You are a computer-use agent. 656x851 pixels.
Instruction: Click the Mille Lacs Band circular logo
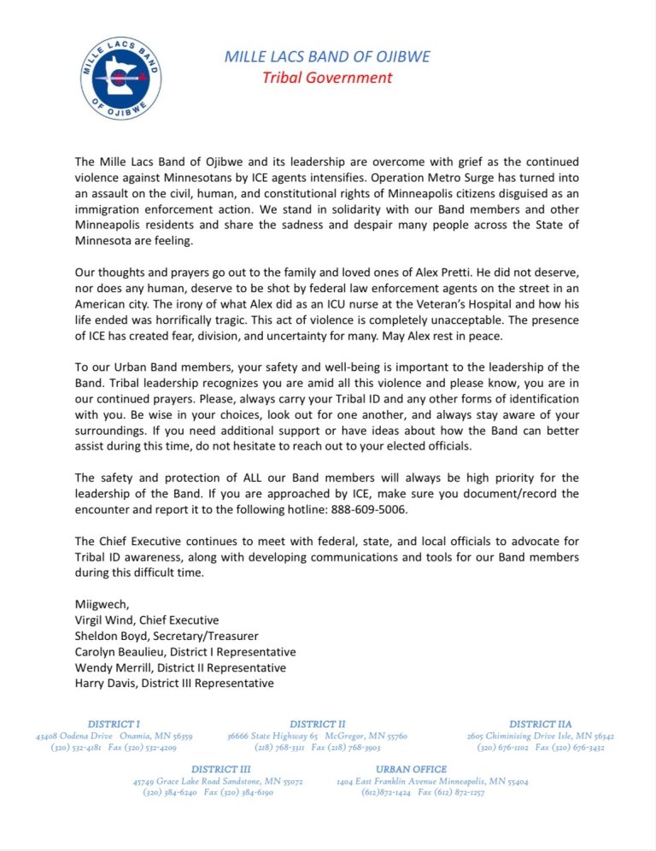coord(120,78)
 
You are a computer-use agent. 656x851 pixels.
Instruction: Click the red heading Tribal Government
coord(327,78)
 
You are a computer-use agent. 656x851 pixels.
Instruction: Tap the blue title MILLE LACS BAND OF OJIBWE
coord(327,57)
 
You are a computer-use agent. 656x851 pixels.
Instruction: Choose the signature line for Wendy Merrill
coord(180,667)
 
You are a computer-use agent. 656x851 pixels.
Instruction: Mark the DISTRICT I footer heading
coord(114,725)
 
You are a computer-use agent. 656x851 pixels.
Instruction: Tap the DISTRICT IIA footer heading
coord(540,725)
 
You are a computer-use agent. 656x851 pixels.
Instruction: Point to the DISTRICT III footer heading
coord(220,770)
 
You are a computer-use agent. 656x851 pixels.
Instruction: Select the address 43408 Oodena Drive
coord(74,736)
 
